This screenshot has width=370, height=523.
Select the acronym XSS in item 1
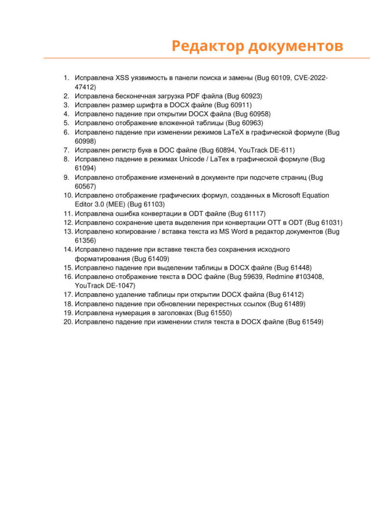coord(123,78)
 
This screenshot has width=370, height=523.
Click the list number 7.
coord(66,150)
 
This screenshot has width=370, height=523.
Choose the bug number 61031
coord(331,223)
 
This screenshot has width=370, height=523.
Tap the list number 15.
coord(68,268)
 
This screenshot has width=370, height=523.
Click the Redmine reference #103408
coord(307,277)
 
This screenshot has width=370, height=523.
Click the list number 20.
coord(68,322)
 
